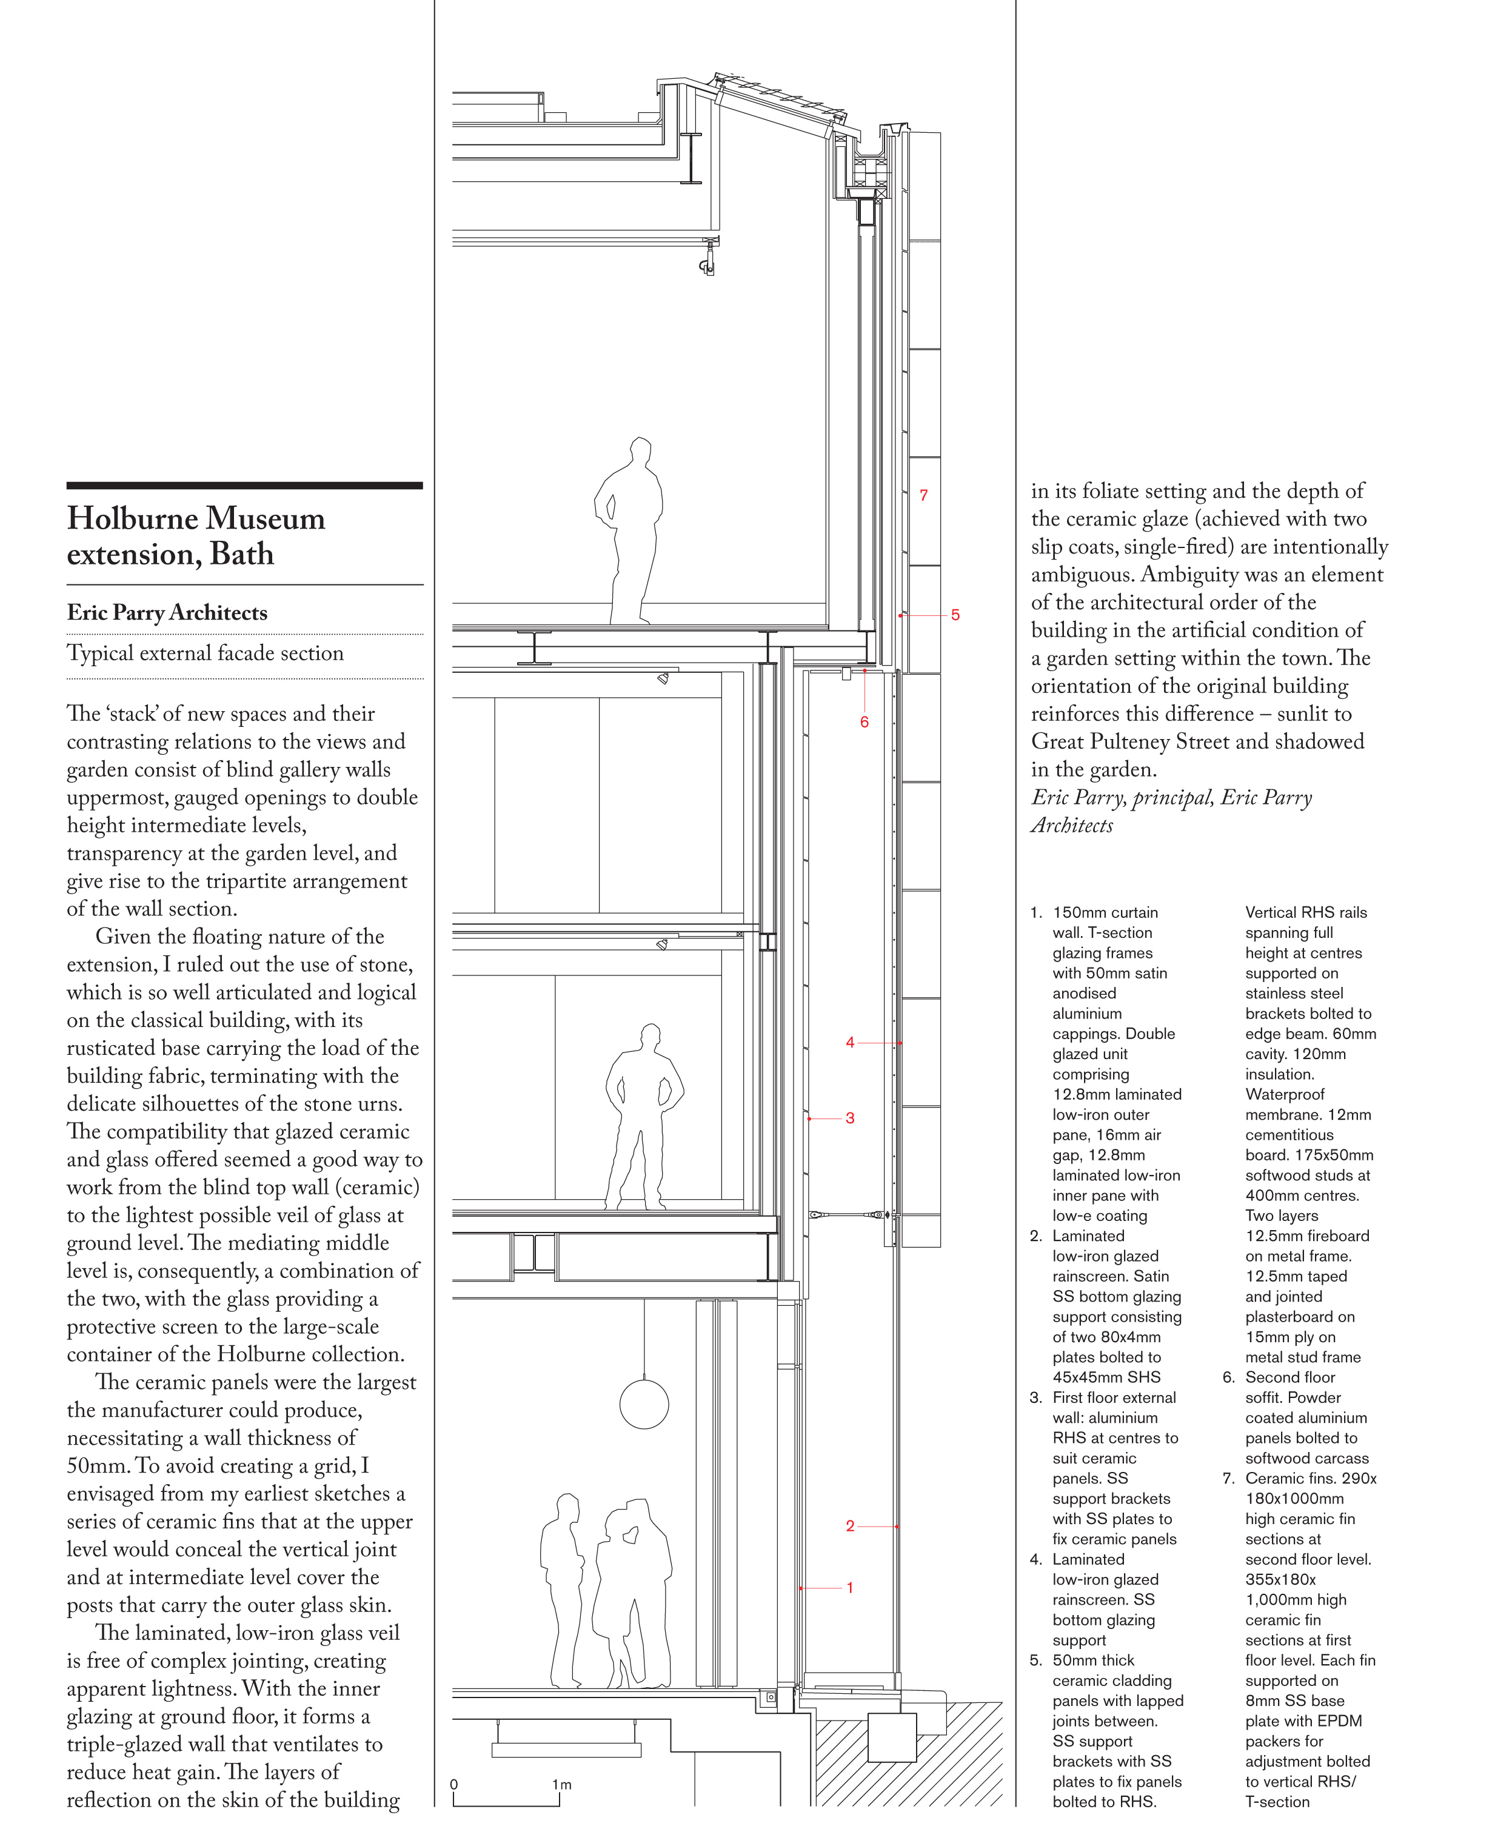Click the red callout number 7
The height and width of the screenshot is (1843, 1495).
(923, 495)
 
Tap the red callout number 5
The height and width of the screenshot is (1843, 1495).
(955, 615)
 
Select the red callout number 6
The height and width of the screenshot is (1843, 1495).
(864, 721)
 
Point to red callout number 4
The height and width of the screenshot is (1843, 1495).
(850, 1042)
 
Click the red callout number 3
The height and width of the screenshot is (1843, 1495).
(850, 1118)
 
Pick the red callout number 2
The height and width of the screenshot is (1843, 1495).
(850, 1526)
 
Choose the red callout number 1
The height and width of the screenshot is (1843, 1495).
(850, 1587)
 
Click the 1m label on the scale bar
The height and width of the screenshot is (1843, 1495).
(561, 1784)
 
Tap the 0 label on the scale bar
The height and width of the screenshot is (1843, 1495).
(454, 1784)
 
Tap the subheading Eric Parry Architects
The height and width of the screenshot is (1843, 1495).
(167, 612)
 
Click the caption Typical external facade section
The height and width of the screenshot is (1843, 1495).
(205, 653)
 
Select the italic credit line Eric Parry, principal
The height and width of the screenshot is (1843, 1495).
(1171, 797)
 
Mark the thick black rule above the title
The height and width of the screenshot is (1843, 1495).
(244, 486)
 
